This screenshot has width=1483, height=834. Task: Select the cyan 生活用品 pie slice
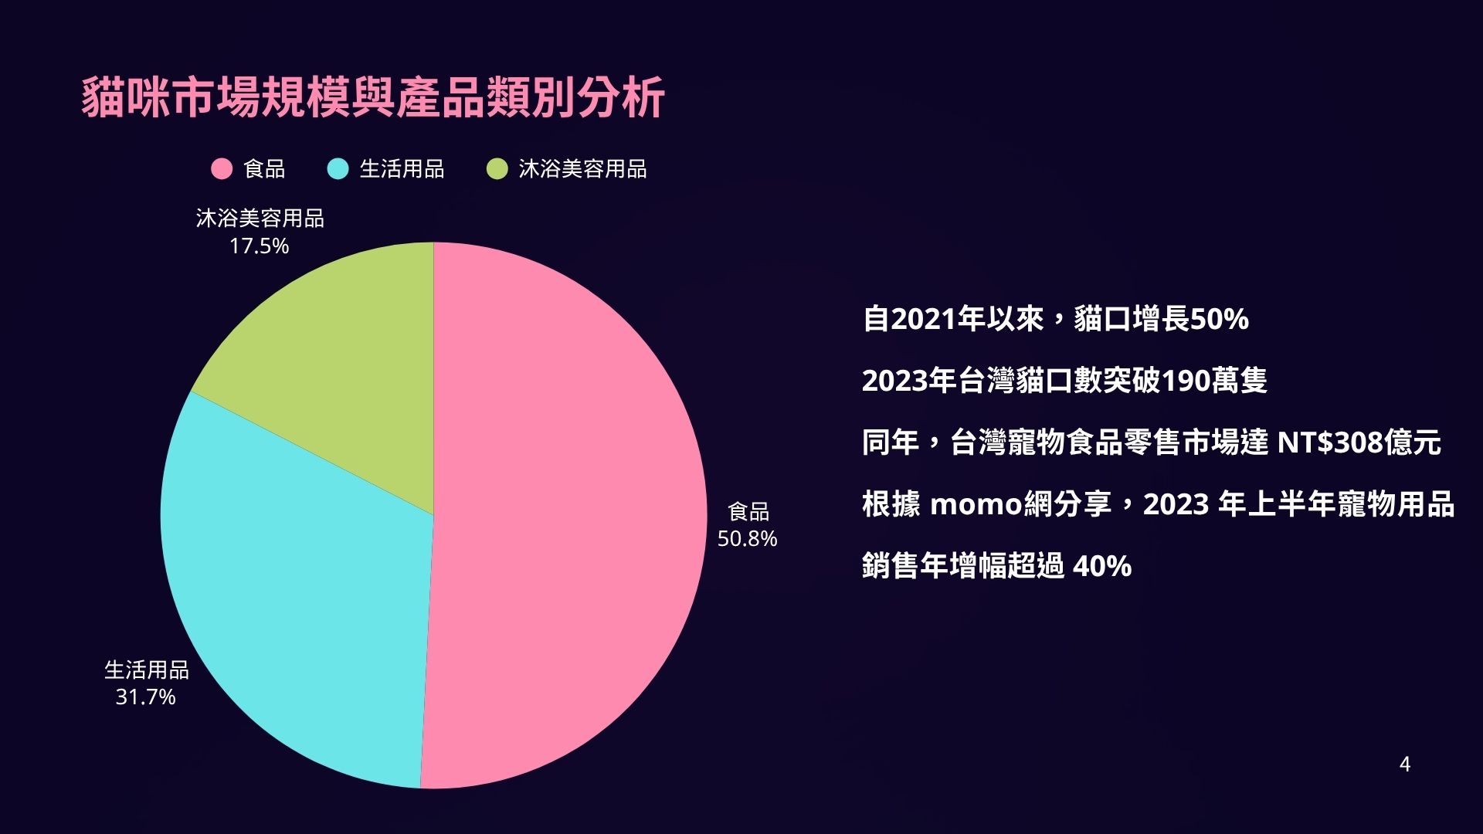tap(294, 602)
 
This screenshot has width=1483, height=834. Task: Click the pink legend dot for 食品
tap(222, 169)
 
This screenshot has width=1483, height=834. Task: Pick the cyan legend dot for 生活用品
tap(338, 169)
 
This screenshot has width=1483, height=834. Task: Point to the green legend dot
tap(497, 169)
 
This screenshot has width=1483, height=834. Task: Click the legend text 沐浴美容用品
tap(582, 169)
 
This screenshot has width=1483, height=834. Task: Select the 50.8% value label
tap(747, 538)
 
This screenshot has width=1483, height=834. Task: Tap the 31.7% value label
tap(145, 697)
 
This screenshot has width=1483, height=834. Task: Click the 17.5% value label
tap(259, 246)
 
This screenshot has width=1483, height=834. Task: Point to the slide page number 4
tap(1405, 764)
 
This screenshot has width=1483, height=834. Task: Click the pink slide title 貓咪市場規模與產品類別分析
tap(373, 97)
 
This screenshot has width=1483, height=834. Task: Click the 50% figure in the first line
tap(1219, 319)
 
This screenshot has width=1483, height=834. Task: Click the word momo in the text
tap(976, 505)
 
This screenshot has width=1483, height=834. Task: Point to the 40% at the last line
tap(1102, 566)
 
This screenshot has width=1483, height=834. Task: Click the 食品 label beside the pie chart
tap(748, 511)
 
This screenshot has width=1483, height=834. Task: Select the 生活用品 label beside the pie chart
tap(147, 670)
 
